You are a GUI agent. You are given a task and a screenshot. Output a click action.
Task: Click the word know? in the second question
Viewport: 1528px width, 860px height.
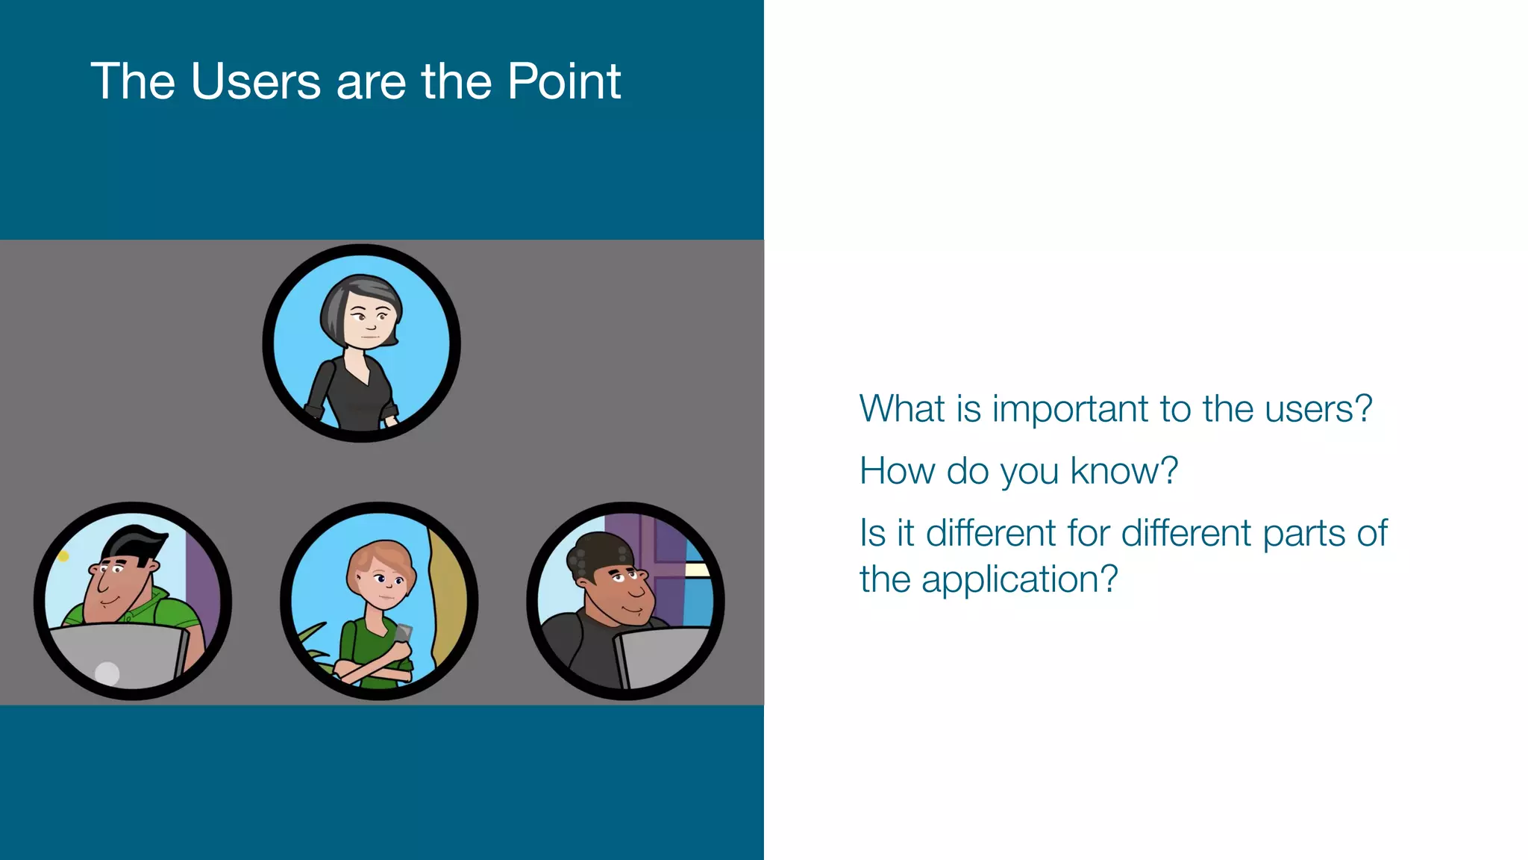[x=1124, y=471]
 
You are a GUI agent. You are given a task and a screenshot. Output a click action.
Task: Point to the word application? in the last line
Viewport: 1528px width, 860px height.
[x=1019, y=579]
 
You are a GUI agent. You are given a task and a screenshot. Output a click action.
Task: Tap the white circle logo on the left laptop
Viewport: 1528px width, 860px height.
[x=107, y=673]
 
